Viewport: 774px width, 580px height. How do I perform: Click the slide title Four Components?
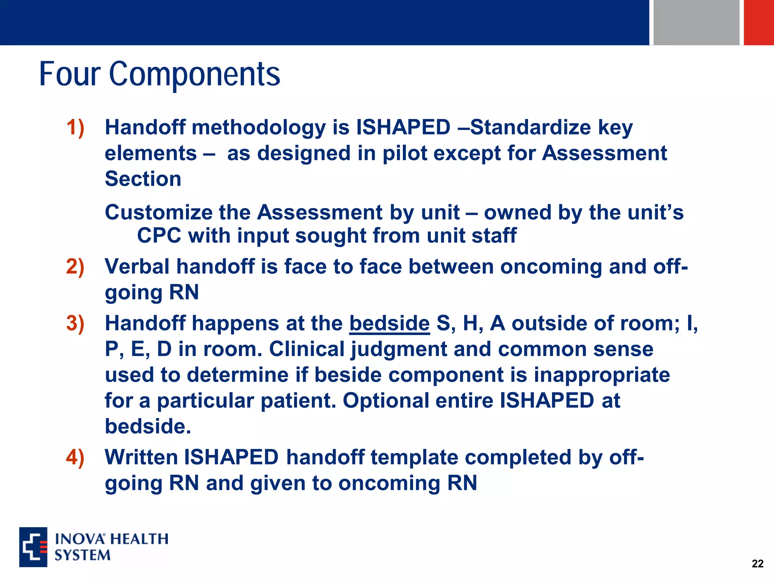(x=159, y=74)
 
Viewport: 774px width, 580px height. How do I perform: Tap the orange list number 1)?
(x=75, y=127)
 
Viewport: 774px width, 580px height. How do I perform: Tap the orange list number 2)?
(x=75, y=267)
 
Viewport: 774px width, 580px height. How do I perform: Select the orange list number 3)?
(x=75, y=324)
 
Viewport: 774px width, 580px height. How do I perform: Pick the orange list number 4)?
(x=75, y=457)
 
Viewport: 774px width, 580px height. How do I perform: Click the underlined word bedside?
(x=389, y=324)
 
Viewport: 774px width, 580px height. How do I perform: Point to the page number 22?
(x=757, y=563)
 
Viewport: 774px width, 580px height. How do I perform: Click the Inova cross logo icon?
(x=33, y=547)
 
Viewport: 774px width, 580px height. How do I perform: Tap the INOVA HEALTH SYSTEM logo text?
(x=111, y=547)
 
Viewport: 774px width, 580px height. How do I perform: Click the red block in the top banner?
(x=759, y=22)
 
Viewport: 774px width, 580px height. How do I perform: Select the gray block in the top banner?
(x=696, y=22)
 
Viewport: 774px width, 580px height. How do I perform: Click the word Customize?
(x=158, y=212)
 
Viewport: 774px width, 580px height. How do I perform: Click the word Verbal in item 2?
(x=137, y=267)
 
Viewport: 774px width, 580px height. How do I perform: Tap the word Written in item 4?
(x=141, y=457)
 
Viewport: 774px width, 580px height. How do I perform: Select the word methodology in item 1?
(x=259, y=127)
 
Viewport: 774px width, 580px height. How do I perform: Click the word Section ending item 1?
(x=143, y=179)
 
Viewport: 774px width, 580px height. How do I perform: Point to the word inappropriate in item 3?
(x=602, y=375)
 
